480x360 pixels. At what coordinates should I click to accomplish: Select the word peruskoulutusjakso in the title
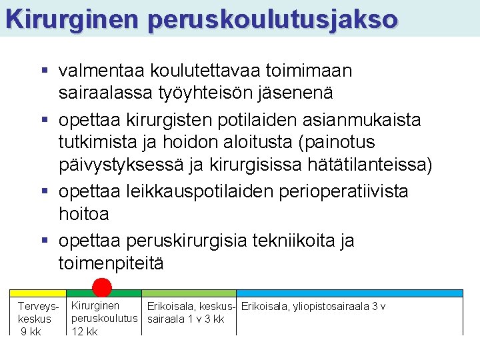click(x=273, y=20)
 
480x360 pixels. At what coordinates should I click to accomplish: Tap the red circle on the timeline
click(x=102, y=287)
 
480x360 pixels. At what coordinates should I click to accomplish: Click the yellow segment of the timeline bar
click(x=37, y=293)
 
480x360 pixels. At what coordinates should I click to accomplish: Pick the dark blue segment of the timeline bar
click(x=349, y=293)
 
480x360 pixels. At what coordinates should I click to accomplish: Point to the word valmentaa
click(x=102, y=70)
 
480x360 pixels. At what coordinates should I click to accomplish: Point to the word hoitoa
click(x=83, y=214)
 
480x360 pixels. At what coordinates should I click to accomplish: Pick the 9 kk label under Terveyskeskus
click(x=32, y=331)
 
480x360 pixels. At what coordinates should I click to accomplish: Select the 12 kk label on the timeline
click(x=85, y=331)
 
